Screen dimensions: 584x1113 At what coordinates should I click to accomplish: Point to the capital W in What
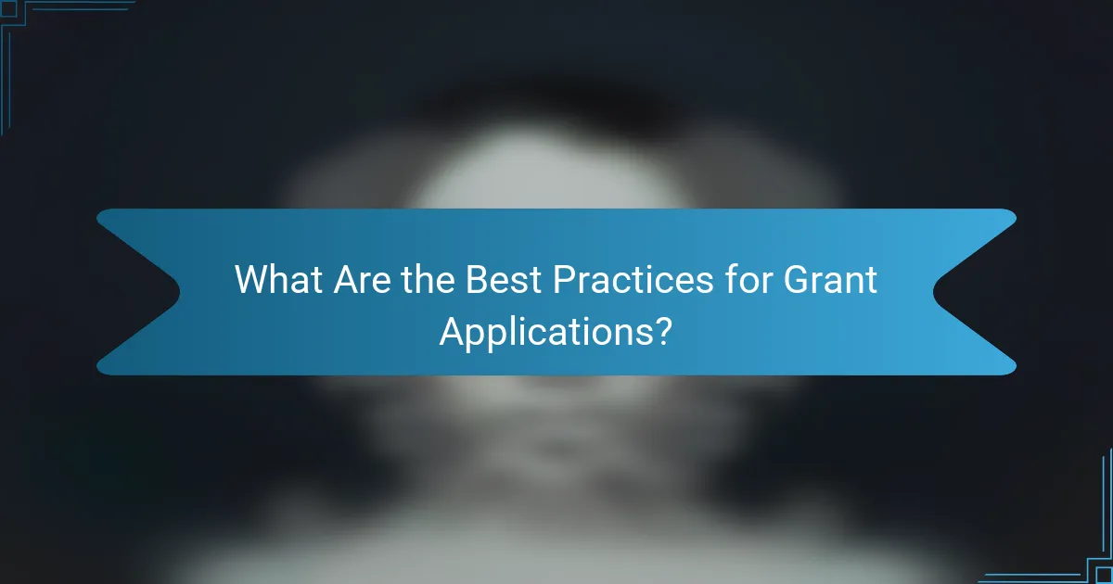[251, 279]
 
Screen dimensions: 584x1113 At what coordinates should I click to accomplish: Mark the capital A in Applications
[451, 330]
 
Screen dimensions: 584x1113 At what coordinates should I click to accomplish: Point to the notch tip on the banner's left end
[179, 291]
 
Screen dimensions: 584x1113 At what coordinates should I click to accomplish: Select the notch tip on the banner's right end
[934, 291]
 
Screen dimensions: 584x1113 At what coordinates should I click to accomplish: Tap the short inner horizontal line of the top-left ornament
[79, 10]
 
